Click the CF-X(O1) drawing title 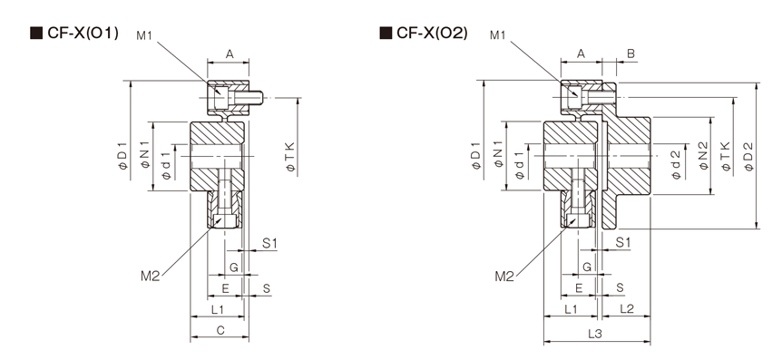click(x=83, y=34)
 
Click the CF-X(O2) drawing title click(x=433, y=34)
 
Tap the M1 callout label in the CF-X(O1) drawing click(x=144, y=34)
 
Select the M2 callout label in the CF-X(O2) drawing click(x=504, y=277)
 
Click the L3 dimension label click(x=595, y=334)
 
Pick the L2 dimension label click(x=627, y=309)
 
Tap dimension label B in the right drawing click(x=630, y=54)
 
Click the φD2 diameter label click(x=748, y=157)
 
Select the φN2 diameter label click(x=703, y=157)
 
